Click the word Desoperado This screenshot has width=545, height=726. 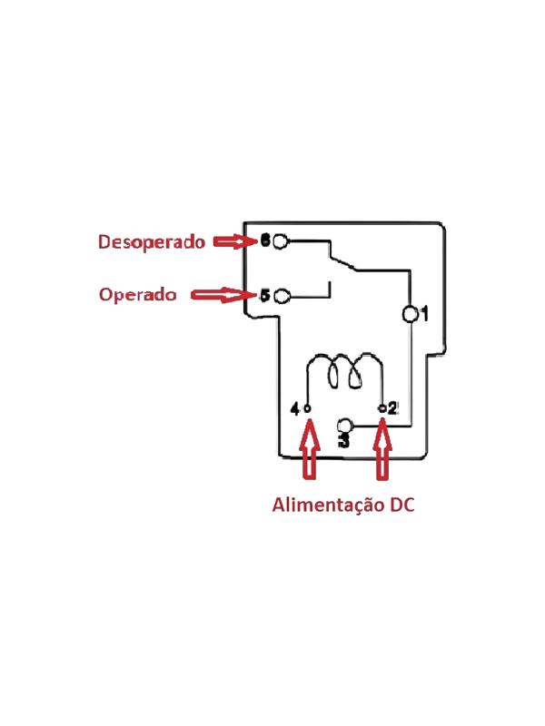[151, 242]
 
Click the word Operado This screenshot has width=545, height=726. [138, 294]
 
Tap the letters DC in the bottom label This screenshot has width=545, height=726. [401, 505]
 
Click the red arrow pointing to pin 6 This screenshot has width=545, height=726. [234, 241]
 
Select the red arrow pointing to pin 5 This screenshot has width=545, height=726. [223, 295]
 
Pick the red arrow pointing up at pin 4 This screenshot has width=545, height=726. [310, 448]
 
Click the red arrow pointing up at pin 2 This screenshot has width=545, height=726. [382, 448]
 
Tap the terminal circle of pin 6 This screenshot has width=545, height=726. [281, 241]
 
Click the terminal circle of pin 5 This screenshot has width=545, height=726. [282, 296]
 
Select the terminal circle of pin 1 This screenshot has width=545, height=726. [410, 314]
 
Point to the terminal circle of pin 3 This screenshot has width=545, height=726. [345, 426]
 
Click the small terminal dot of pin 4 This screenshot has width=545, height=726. [307, 408]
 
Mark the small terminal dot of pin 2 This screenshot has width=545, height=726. [381, 408]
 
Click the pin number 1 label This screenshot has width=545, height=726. [423, 314]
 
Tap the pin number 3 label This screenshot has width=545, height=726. [344, 440]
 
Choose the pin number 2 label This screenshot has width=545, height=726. [392, 408]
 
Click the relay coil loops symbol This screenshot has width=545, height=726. [345, 371]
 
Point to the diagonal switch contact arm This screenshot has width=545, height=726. [343, 261]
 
